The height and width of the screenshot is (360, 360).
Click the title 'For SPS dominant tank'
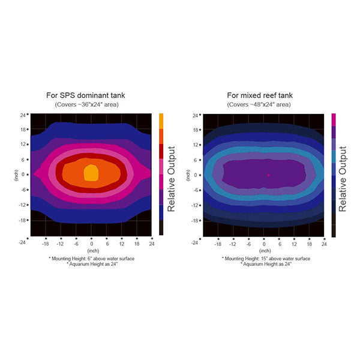coord(86,95)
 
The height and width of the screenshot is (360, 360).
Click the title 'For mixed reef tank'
coord(260,95)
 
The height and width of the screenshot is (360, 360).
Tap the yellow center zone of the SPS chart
coord(91,173)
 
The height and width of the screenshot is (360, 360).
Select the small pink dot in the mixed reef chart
coord(269,175)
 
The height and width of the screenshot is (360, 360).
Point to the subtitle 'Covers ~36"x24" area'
coord(87,104)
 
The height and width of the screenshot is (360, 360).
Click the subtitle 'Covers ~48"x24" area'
coord(259,104)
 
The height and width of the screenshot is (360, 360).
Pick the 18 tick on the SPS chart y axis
coord(23,130)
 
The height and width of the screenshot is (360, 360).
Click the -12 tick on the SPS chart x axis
coord(60,244)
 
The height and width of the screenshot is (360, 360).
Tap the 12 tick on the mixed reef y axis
coord(196,145)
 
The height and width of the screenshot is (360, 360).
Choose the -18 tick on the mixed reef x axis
coord(218,244)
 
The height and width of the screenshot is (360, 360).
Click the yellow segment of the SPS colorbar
coord(161,121)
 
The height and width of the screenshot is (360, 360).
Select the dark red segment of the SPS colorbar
coord(161,151)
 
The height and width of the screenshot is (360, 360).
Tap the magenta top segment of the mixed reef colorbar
coord(334,119)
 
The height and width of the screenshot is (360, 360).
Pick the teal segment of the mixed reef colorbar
coord(334,157)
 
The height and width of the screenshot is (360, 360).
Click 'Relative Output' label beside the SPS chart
coord(171,179)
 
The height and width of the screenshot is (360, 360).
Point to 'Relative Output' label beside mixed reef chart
coord(343,179)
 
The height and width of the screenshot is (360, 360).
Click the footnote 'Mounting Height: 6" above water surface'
coord(92,259)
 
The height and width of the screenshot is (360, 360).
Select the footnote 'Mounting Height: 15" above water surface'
coord(266,259)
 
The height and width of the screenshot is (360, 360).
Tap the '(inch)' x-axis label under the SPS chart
coord(93,251)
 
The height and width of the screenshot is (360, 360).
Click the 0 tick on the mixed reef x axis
coord(264,244)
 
